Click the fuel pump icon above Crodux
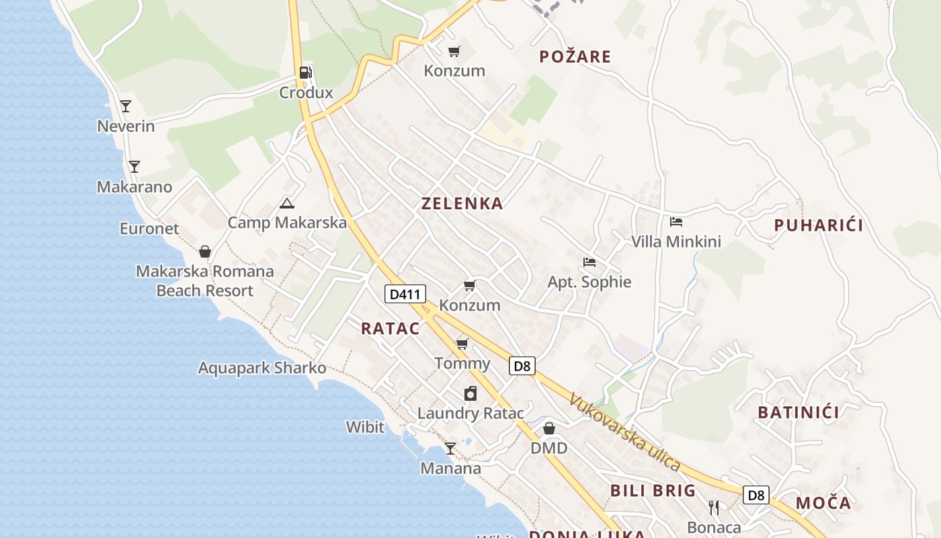(x=306, y=73)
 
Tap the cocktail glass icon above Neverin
(x=126, y=106)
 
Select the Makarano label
(x=134, y=187)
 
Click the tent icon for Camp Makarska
(x=287, y=203)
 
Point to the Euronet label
(x=149, y=229)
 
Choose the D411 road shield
(x=405, y=294)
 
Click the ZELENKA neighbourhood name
(x=462, y=204)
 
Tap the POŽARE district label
(x=575, y=56)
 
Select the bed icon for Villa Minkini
(x=676, y=222)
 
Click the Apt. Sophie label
(x=589, y=282)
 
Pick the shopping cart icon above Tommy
(x=462, y=344)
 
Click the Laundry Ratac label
(x=470, y=413)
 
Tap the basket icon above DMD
(x=549, y=428)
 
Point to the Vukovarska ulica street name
(x=624, y=432)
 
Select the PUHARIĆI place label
(x=818, y=225)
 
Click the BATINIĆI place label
(x=799, y=412)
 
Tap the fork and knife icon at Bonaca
(x=714, y=507)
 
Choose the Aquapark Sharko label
(x=262, y=368)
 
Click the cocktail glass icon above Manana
(x=450, y=449)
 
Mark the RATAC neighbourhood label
(x=390, y=329)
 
